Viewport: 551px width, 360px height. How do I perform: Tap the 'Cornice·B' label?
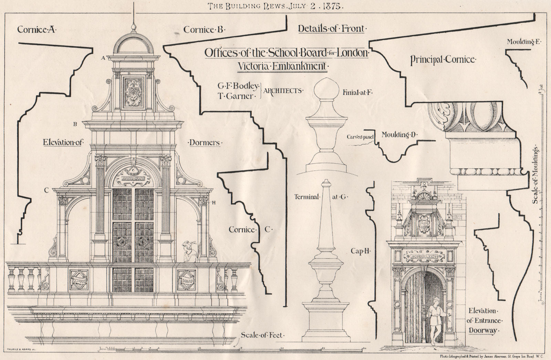(204, 30)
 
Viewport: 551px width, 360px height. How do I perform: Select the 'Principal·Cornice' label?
(443, 60)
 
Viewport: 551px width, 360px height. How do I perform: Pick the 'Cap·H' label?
(361, 251)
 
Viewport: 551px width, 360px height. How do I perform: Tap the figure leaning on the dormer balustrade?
(189, 252)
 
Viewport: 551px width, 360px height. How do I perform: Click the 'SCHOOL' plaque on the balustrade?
(79, 280)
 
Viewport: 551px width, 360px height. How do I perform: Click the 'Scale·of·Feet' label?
(263, 335)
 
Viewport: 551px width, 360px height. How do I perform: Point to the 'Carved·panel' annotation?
(360, 137)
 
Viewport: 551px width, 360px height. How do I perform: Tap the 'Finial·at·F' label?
(358, 92)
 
